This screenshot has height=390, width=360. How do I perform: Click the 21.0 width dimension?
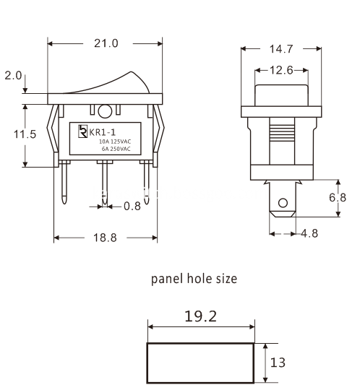click(106, 43)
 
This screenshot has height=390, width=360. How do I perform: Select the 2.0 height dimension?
click(13, 76)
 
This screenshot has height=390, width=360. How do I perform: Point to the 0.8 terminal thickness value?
click(132, 206)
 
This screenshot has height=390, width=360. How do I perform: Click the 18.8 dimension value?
click(105, 239)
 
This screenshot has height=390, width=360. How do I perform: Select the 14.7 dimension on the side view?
click(281, 49)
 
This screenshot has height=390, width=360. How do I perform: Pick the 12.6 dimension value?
click(281, 70)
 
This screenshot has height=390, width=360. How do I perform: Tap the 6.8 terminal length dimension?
click(347, 197)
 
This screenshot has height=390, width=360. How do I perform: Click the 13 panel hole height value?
click(277, 362)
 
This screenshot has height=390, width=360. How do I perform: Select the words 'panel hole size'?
click(193, 279)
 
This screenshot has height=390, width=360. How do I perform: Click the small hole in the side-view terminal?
click(282, 202)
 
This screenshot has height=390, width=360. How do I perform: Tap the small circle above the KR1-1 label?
click(106, 111)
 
